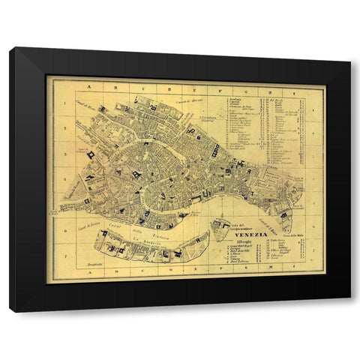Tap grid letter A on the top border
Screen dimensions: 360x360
pos(88,87)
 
